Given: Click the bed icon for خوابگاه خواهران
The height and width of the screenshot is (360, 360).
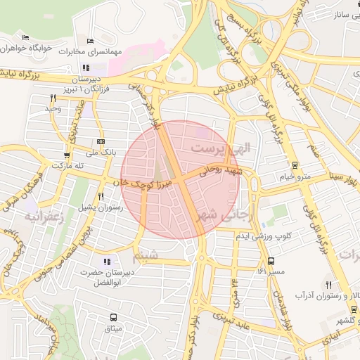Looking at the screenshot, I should [x=26, y=38].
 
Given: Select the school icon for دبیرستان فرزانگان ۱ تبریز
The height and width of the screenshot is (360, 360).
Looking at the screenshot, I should [x=86, y=68].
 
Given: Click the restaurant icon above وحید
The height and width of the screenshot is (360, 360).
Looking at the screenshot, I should [x=53, y=98].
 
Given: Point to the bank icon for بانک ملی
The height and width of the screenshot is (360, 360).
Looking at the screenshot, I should [x=101, y=141].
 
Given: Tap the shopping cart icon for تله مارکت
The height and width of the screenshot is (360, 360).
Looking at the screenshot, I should [x=67, y=156].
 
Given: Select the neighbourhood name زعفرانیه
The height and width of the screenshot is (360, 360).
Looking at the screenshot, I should [x=44, y=217].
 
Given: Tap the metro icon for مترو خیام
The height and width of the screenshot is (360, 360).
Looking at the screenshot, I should [x=294, y=166].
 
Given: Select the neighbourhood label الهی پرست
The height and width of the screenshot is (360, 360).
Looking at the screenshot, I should [x=221, y=149].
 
